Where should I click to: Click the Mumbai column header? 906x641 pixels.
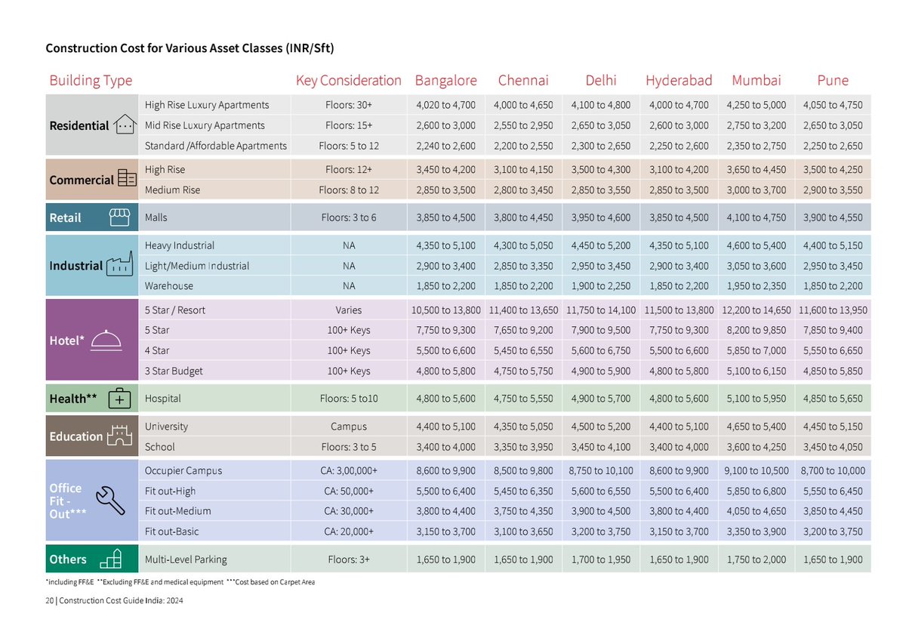(x=756, y=80)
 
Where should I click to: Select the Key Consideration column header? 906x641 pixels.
(x=349, y=80)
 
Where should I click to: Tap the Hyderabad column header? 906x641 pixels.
(x=679, y=80)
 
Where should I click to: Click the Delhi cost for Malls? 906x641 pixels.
(x=601, y=217)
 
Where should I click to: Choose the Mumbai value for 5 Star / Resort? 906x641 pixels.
(x=756, y=310)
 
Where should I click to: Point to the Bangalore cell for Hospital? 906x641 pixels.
(x=445, y=398)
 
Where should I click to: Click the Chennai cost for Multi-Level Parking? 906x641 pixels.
(x=523, y=559)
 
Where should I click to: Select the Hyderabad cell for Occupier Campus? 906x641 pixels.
(x=679, y=470)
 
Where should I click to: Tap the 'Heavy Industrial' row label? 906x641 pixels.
(x=180, y=245)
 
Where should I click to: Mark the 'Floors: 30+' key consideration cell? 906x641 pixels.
(x=349, y=105)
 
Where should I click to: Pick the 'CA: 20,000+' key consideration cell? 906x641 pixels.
(x=349, y=532)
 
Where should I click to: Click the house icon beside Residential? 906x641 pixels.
(x=124, y=125)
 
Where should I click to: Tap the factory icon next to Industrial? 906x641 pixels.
(x=119, y=265)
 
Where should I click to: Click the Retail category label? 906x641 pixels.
(x=65, y=217)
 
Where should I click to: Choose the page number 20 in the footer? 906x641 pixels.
(x=49, y=601)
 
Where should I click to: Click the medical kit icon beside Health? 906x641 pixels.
(x=120, y=398)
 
